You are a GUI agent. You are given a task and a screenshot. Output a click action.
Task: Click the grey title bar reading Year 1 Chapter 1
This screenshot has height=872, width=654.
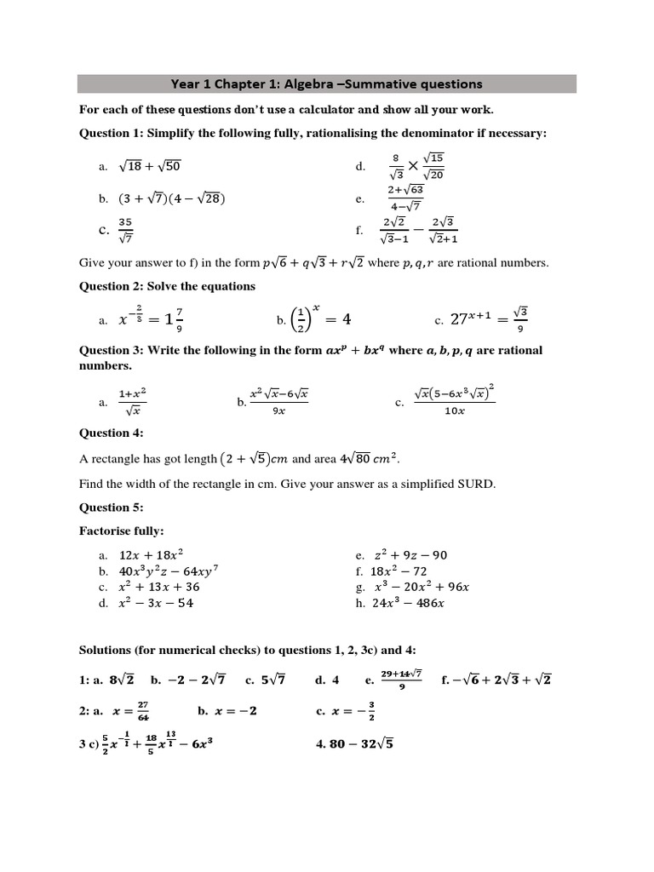[327, 83]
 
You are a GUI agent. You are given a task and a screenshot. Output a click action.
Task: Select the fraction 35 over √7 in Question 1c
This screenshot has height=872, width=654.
[125, 230]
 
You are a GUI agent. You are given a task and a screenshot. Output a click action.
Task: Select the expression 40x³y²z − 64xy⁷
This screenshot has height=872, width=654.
[175, 571]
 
